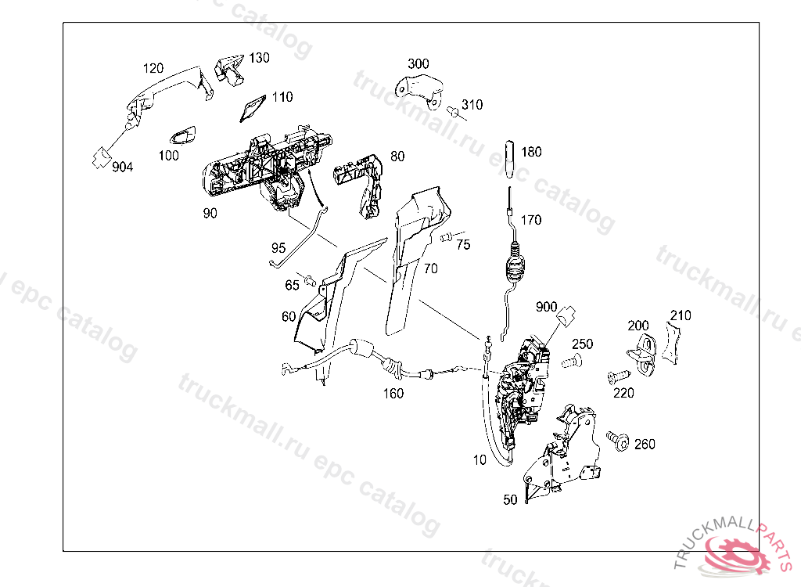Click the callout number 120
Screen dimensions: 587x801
(x=153, y=69)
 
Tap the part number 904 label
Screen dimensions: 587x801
(x=122, y=167)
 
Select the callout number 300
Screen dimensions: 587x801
(x=418, y=63)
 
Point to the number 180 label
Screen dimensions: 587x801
(x=531, y=152)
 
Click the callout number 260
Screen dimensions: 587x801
(x=645, y=445)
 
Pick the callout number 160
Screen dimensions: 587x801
(x=393, y=394)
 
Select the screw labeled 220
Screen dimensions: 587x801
(x=616, y=377)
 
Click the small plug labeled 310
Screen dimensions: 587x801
(x=453, y=112)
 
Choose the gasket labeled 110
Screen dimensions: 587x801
(x=251, y=110)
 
